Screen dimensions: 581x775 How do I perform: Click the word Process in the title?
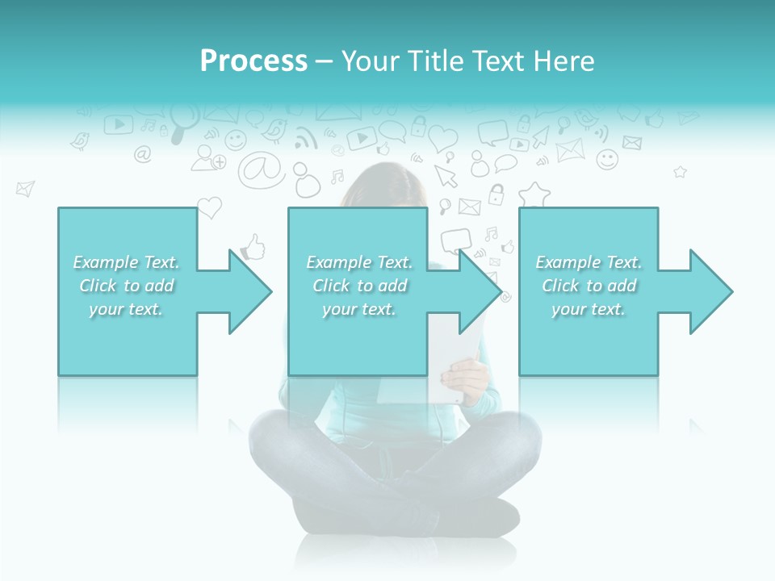tap(253, 61)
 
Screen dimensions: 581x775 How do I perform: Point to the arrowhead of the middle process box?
tap(479, 291)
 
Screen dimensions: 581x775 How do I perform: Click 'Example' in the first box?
tap(104, 262)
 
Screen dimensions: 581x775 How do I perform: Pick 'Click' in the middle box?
tap(330, 286)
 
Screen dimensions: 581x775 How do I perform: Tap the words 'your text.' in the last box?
tap(589, 309)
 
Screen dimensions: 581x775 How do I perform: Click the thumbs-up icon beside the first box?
tap(253, 247)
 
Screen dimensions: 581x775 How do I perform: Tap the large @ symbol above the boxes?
tap(261, 169)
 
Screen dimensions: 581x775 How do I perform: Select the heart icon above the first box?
tap(209, 207)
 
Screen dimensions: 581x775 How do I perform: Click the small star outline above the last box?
tap(680, 172)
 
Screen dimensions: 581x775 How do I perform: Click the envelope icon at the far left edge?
tap(25, 189)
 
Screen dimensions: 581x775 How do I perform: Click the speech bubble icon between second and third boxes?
tap(455, 240)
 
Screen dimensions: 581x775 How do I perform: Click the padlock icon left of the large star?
tap(496, 194)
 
